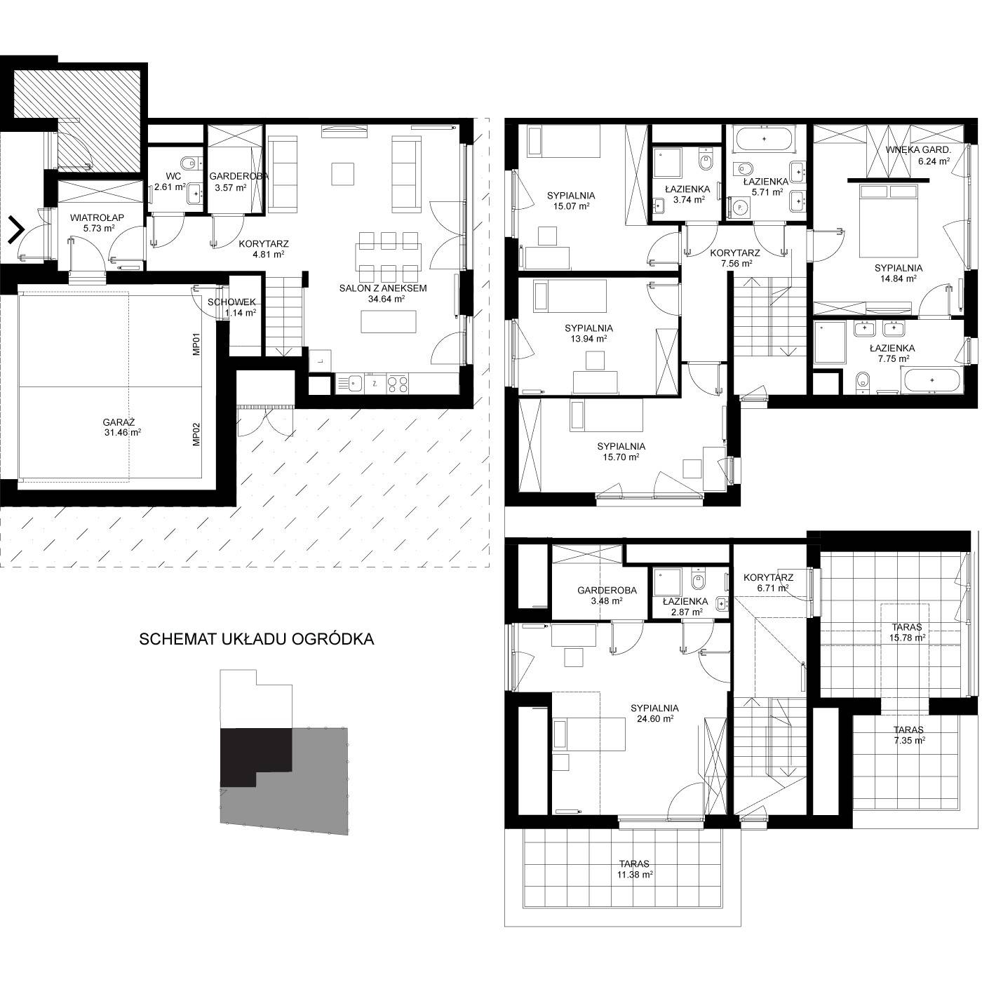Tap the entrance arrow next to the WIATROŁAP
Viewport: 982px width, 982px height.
coord(16,229)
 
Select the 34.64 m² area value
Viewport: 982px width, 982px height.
coord(386,299)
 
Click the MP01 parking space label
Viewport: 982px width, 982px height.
coord(197,344)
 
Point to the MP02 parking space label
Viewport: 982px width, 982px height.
coord(197,435)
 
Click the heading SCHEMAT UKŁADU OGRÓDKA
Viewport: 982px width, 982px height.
coord(256,640)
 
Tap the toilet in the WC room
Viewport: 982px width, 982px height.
coord(190,161)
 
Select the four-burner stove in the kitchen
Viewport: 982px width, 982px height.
coord(398,384)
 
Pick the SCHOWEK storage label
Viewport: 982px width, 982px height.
coord(231,302)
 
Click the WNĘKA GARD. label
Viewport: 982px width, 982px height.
coord(918,150)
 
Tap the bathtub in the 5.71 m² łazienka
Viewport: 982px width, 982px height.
coord(764,139)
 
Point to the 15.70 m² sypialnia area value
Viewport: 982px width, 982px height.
coord(621,457)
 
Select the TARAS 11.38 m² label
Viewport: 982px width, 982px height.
coord(634,869)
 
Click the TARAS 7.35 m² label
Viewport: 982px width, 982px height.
coord(908,735)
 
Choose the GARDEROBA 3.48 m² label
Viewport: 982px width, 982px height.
coord(607,596)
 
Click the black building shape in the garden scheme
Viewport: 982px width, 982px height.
coord(255,758)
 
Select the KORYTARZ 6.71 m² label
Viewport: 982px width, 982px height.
coord(768,582)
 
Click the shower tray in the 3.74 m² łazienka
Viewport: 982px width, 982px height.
coord(666,162)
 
